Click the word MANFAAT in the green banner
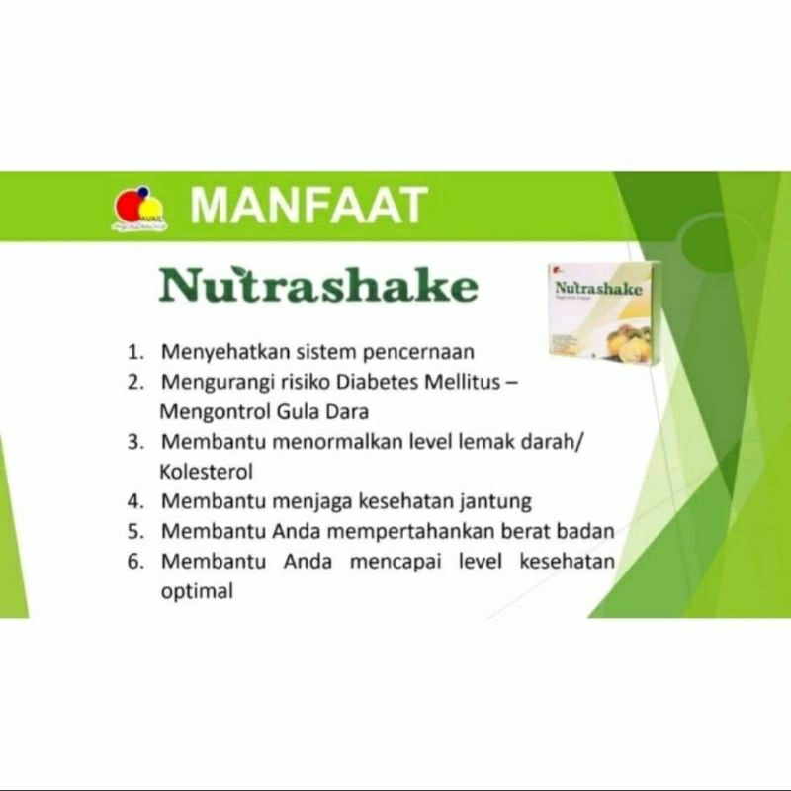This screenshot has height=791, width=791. (x=308, y=206)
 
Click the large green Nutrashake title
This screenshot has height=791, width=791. (x=319, y=285)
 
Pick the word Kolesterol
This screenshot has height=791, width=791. (x=207, y=472)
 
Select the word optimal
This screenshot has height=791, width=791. (x=196, y=592)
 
